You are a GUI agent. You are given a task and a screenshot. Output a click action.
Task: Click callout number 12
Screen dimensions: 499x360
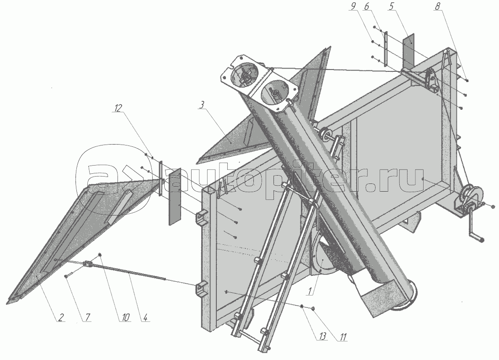click(118, 108)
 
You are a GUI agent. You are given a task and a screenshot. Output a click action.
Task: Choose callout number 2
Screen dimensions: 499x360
click(60, 317)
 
